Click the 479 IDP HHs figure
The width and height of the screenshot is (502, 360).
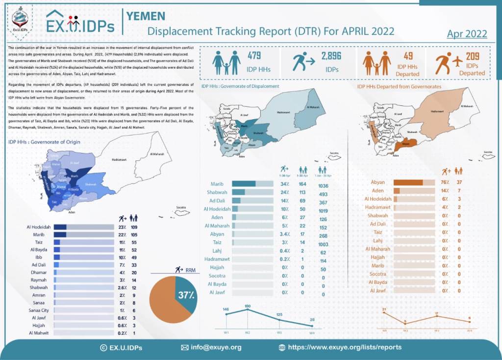point(254,55)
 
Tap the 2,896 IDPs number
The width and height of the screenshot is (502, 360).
point(331,55)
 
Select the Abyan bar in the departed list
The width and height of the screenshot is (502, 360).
point(414,182)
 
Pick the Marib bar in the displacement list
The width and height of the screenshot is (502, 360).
point(252,184)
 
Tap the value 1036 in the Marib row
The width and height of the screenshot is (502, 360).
point(323,184)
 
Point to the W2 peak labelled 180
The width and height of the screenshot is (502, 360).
point(248,309)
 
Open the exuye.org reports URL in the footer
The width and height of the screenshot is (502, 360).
point(344,347)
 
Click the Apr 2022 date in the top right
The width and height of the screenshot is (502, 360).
point(467,34)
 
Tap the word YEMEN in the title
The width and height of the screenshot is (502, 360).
point(146,16)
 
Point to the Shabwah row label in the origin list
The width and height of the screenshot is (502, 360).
point(39,287)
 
